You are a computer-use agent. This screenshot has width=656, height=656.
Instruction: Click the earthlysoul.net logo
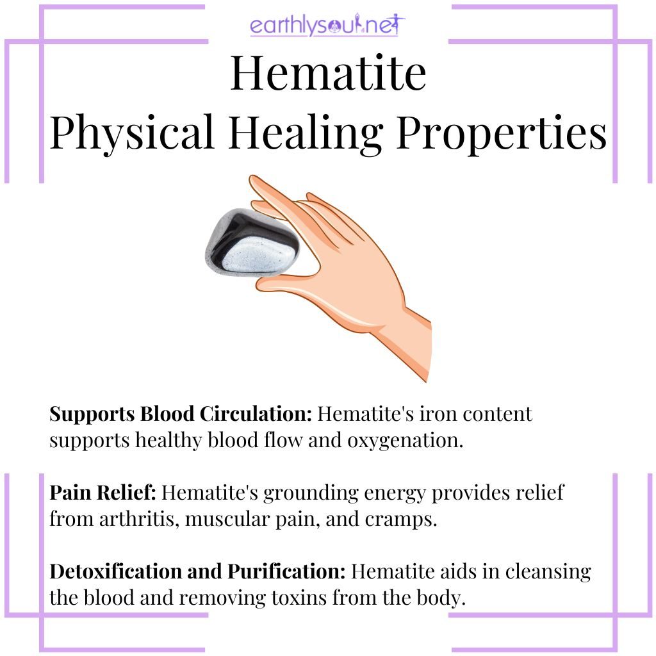327,26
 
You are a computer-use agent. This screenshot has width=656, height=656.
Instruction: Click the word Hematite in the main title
328,74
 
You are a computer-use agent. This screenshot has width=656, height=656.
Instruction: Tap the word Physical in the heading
132,134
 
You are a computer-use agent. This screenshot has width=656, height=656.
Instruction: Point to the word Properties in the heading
500,134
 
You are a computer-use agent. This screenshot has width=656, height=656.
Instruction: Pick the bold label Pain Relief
102,493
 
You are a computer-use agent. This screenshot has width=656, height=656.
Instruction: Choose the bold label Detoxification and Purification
198,571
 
